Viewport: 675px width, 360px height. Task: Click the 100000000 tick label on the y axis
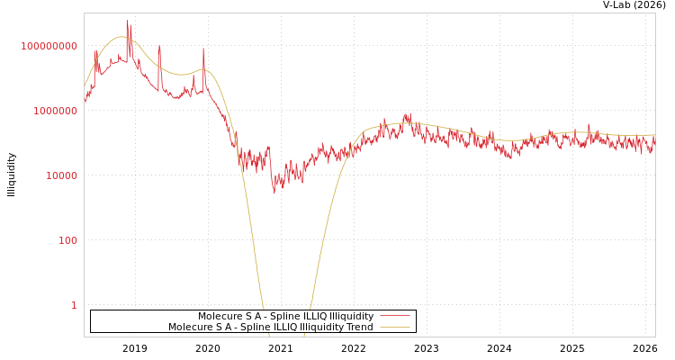[49, 46]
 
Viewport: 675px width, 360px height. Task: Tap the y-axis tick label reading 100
[67, 240]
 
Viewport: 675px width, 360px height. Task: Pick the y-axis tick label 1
[74, 305]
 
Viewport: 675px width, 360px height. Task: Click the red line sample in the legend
[394, 317]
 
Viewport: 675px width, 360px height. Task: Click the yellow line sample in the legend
[394, 328]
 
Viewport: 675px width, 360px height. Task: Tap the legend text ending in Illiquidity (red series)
[285, 317]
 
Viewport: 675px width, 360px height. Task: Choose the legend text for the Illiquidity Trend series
[270, 328]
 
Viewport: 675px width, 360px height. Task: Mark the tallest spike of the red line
[127, 21]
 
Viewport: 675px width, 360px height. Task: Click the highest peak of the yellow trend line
[122, 37]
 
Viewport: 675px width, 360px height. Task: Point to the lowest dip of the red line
[274, 193]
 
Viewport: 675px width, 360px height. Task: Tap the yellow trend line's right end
[655, 135]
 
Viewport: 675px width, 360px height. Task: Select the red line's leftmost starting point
[85, 101]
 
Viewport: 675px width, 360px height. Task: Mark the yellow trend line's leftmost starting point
[85, 87]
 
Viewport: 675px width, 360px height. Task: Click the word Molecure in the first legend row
[221, 317]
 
